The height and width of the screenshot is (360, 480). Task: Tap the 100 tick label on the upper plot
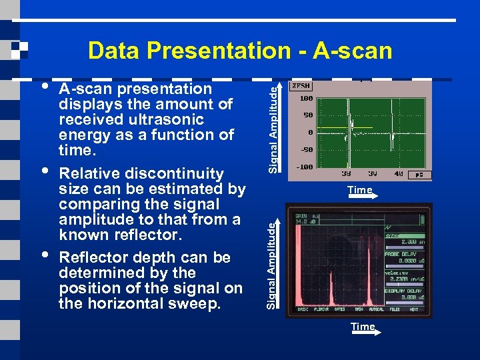coord(306,98)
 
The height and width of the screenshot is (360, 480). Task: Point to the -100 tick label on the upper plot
coord(305,167)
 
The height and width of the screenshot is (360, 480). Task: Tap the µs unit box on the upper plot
coord(419,174)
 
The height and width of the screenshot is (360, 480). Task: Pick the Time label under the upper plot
coord(359,190)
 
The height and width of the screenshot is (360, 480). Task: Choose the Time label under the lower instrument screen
coord(363,327)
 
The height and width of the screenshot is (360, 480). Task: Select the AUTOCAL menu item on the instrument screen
coord(377,310)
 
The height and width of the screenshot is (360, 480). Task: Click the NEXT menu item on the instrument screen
coord(413,310)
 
